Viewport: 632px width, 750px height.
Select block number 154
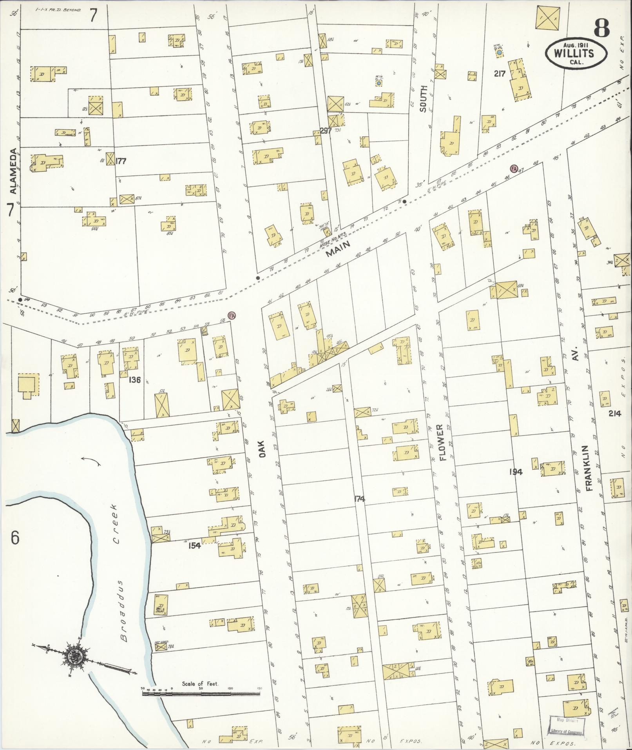point(194,545)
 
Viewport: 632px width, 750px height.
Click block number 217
point(500,73)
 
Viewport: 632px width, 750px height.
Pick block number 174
point(359,499)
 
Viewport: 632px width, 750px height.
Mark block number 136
point(134,380)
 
